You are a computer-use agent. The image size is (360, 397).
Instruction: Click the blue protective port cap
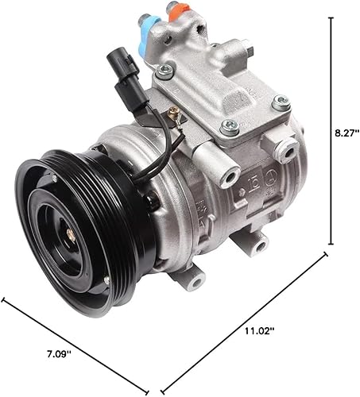(x=148, y=20)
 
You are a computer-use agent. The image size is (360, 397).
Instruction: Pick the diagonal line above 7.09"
(x=79, y=334)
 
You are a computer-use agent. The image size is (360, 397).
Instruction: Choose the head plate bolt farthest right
(x=281, y=102)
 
